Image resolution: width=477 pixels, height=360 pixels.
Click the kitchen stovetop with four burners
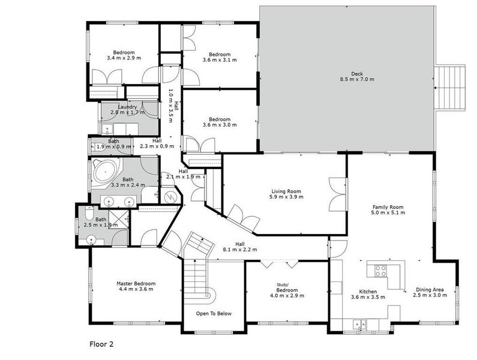[380, 271]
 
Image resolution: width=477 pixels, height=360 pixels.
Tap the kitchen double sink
[359, 324]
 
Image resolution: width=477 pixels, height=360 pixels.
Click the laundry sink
[107, 128]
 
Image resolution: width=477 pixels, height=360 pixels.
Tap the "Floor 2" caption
[101, 344]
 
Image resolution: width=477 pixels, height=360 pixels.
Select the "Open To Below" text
[213, 314]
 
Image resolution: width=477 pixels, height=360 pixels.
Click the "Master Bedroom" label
[136, 283]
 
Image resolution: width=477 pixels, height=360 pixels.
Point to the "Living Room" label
[285, 191]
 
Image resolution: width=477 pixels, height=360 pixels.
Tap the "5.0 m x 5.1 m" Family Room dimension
[387, 214]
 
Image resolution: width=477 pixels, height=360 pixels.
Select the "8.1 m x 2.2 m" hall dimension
[240, 250]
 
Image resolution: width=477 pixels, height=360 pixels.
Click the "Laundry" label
[127, 107]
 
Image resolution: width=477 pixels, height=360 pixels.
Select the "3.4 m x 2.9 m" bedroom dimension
[124, 58]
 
